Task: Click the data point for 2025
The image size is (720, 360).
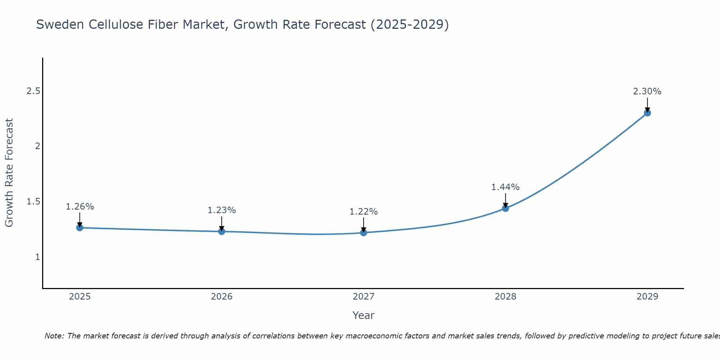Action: pyautogui.click(x=80, y=228)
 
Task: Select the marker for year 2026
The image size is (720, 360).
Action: pyautogui.click(x=221, y=231)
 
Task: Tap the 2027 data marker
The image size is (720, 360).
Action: pyautogui.click(x=363, y=233)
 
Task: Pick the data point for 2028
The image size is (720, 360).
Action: pyautogui.click(x=505, y=208)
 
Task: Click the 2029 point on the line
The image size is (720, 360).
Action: pyautogui.click(x=647, y=113)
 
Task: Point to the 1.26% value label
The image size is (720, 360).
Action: pyautogui.click(x=80, y=207)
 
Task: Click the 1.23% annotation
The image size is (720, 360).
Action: pyautogui.click(x=221, y=210)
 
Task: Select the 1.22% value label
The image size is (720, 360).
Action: pyautogui.click(x=363, y=212)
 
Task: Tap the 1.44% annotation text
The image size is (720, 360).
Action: pyautogui.click(x=505, y=187)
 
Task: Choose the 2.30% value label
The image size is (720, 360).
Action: pyautogui.click(x=647, y=91)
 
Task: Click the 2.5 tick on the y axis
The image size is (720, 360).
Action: pyautogui.click(x=33, y=91)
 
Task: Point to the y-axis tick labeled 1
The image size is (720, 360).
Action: pyautogui.click(x=37, y=257)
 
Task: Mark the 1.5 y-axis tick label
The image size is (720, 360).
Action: pyautogui.click(x=33, y=202)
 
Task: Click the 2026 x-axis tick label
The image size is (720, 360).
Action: pyautogui.click(x=221, y=297)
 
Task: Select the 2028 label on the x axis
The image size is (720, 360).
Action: pyautogui.click(x=505, y=297)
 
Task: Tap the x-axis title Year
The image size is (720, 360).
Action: pyautogui.click(x=363, y=315)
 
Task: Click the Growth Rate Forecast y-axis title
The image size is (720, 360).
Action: pyautogui.click(x=9, y=173)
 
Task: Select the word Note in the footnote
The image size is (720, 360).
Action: pyautogui.click(x=54, y=336)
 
